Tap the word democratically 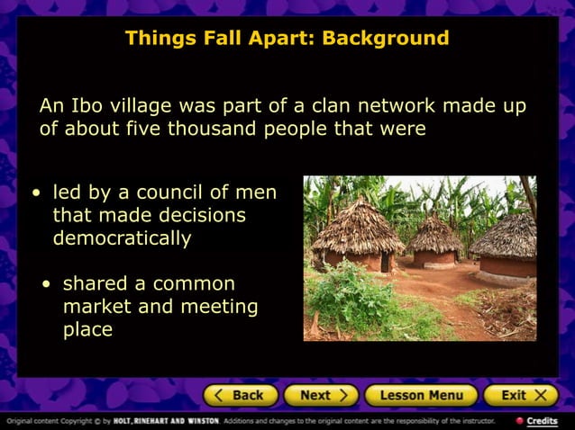(x=122, y=238)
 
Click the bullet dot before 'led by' (x=35, y=193)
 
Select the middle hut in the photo (x=433, y=240)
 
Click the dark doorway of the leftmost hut (x=385, y=262)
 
